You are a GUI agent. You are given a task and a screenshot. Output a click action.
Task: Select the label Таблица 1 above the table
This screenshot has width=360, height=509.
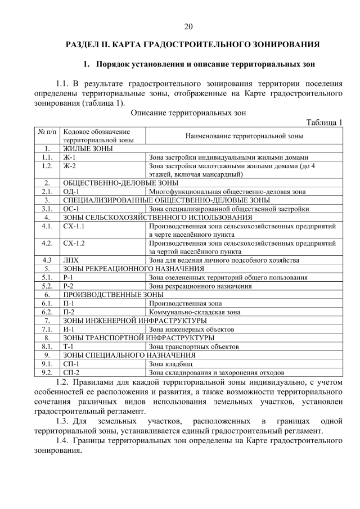[324, 123]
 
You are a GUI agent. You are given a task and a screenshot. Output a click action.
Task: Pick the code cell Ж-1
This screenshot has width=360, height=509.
[70, 157]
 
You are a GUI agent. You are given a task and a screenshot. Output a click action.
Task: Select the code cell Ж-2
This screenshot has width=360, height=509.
[70, 166]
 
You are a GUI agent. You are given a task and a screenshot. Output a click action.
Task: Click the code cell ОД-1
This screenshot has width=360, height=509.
[71, 191]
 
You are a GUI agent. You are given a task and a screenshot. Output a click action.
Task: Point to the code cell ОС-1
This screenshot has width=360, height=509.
[71, 209]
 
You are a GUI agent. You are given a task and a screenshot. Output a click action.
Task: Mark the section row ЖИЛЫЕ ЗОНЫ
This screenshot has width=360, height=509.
[88, 148]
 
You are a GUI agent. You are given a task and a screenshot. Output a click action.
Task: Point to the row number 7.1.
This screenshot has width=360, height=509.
[47, 329]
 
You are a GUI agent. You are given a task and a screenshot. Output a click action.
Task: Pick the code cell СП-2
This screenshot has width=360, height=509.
[71, 372]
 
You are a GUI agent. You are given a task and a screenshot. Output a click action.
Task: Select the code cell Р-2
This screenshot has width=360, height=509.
[69, 286]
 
